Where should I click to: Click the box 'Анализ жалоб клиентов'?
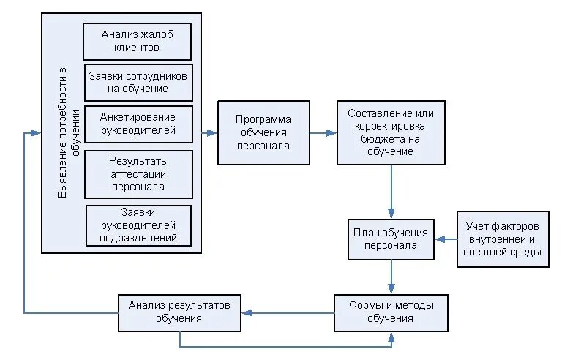coord(138,41)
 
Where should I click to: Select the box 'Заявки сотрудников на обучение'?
coord(138,82)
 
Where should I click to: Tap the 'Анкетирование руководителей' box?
coord(138,124)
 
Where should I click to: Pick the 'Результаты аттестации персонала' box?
coord(138,174)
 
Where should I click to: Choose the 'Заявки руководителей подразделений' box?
coord(138,226)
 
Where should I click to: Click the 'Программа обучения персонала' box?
coord(263,132)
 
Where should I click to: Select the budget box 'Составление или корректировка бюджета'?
coord(391,132)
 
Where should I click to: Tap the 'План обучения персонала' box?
coord(391,239)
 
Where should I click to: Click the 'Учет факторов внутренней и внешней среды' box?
coord(502,239)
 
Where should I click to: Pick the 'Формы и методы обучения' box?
coord(391,312)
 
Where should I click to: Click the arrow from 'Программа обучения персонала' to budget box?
coord(323,133)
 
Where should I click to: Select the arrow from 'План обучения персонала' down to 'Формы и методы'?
coord(391,277)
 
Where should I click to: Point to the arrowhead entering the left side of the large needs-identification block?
coord(36,133)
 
